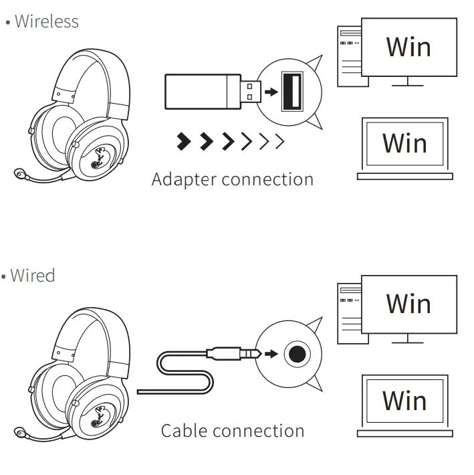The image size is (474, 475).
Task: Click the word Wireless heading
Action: [46, 21]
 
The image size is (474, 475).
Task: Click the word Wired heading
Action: [32, 275]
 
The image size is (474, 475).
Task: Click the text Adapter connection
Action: [232, 179]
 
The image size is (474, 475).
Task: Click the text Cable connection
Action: [232, 431]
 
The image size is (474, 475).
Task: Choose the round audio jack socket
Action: [296, 353]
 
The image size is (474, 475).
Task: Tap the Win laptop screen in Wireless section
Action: [404, 143]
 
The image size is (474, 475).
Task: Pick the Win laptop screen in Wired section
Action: [404, 400]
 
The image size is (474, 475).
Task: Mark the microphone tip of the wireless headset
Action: [21, 175]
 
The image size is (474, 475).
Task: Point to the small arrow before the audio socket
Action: [271, 353]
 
